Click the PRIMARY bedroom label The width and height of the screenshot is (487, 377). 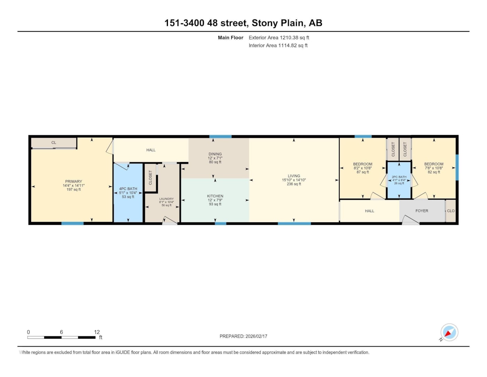(x=74, y=182)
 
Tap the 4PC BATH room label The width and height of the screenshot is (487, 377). (x=128, y=189)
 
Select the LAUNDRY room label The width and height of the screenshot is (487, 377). (x=166, y=199)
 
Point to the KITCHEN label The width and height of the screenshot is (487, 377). (x=215, y=196)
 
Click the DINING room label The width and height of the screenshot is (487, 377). (x=215, y=154)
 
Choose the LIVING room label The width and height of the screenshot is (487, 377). (x=294, y=176)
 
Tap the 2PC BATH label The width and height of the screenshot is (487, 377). (x=399, y=177)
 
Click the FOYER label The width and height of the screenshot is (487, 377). (x=422, y=211)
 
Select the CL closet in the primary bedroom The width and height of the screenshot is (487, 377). (x=54, y=142)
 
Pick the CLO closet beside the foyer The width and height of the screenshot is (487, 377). (x=450, y=211)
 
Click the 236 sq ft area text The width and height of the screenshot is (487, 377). (x=294, y=184)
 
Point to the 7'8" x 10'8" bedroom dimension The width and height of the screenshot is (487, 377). (x=434, y=168)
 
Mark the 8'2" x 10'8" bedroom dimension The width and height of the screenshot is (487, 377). (x=362, y=168)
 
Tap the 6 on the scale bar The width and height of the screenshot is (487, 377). (x=61, y=332)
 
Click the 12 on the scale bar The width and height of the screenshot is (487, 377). (x=97, y=332)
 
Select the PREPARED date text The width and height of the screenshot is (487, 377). (x=243, y=336)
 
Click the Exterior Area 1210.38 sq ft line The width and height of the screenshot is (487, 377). (x=279, y=37)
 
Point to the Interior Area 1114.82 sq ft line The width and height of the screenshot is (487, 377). (x=278, y=45)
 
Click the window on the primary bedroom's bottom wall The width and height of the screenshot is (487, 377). (x=72, y=223)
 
